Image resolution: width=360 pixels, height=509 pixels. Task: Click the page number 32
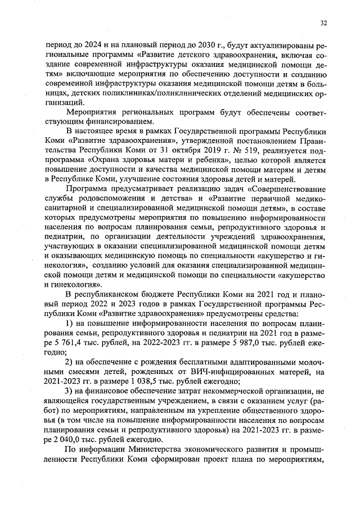[x=324, y=23]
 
